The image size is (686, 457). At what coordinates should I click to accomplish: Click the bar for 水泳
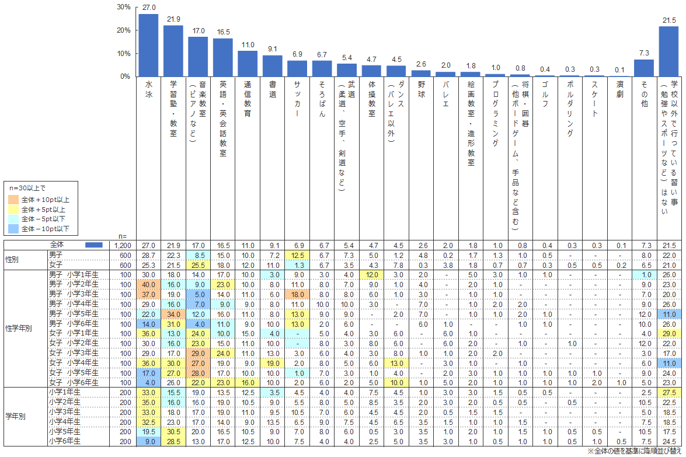[148, 45]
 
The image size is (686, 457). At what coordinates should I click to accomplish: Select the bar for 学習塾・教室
[173, 51]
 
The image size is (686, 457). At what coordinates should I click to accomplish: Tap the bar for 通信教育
[248, 64]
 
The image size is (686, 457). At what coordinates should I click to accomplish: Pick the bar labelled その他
[644, 68]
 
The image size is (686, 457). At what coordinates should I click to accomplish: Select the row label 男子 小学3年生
[74, 295]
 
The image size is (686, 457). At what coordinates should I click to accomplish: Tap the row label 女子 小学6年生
[74, 382]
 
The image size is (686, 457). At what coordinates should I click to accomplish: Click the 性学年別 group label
[19, 328]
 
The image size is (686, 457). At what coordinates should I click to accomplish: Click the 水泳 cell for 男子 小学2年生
[148, 284]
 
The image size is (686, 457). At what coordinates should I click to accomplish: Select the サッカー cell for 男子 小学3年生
[297, 295]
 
